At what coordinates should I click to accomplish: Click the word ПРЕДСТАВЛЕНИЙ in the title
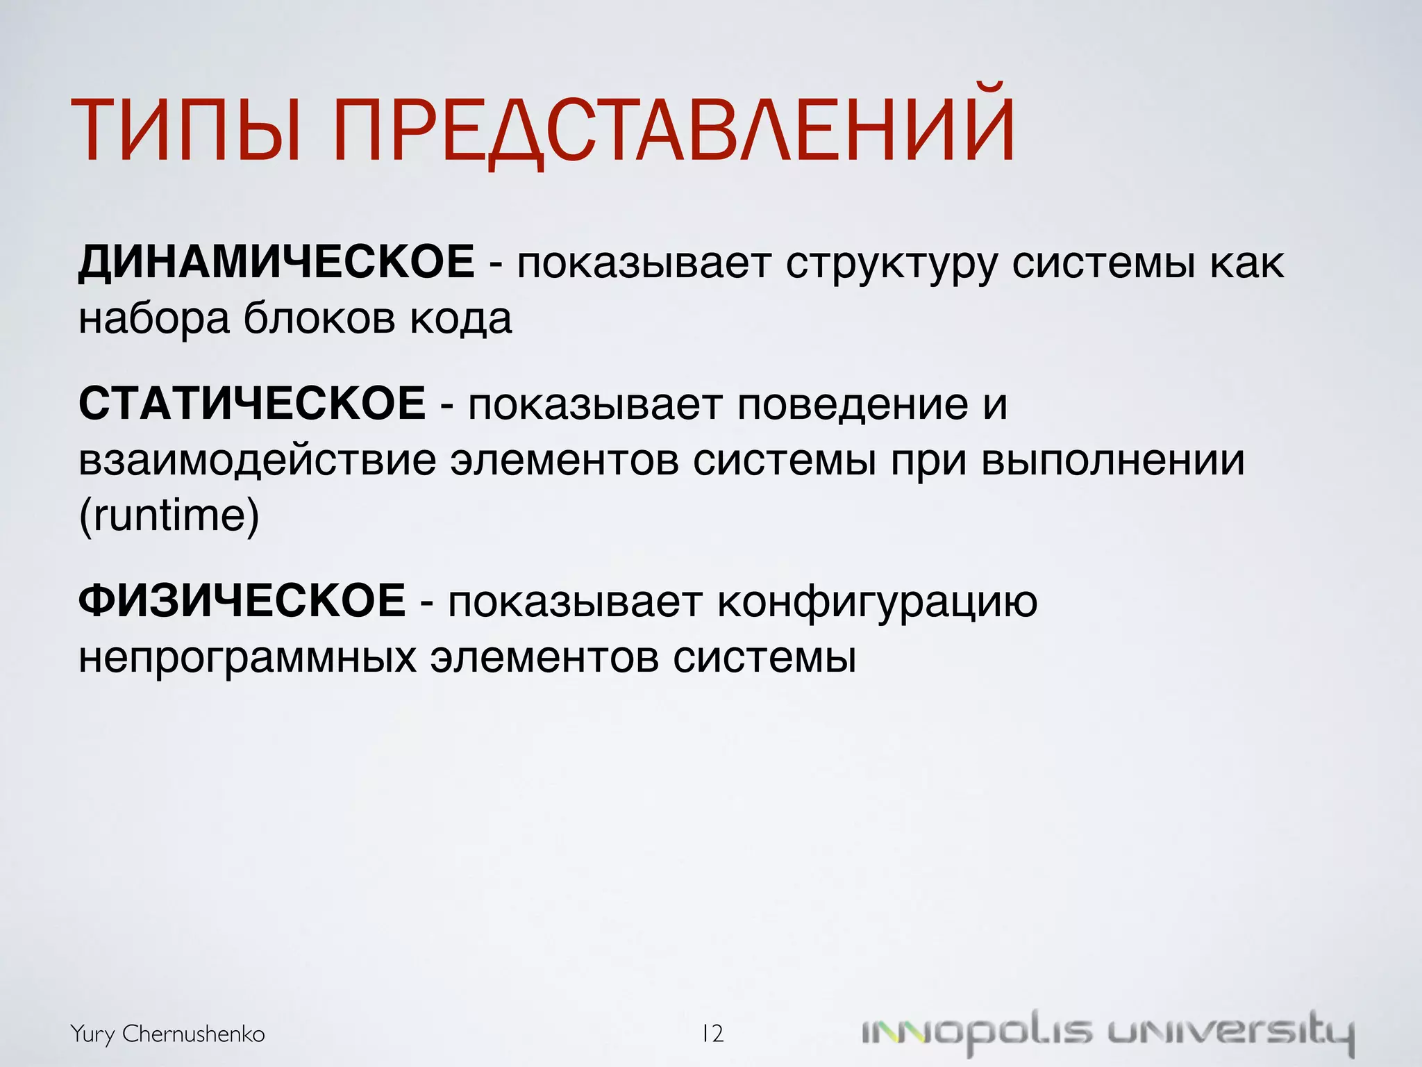[674, 132]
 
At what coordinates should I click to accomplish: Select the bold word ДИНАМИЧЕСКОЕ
[276, 263]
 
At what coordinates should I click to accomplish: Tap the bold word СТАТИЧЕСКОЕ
[252, 404]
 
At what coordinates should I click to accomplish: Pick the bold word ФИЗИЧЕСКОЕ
[242, 601]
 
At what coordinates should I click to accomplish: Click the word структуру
[891, 265]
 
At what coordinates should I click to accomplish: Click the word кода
[460, 320]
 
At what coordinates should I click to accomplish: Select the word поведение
[852, 405]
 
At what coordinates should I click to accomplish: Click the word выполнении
[1113, 461]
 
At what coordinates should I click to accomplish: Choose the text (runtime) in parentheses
[169, 517]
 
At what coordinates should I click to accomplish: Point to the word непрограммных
[247, 658]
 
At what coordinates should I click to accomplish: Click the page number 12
[712, 1034]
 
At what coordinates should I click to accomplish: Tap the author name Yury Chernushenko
[167, 1034]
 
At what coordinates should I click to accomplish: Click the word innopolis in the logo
[976, 1034]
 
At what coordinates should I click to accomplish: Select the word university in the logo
[1230, 1034]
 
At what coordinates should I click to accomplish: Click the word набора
[153, 320]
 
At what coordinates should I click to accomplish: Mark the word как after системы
[1247, 265]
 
